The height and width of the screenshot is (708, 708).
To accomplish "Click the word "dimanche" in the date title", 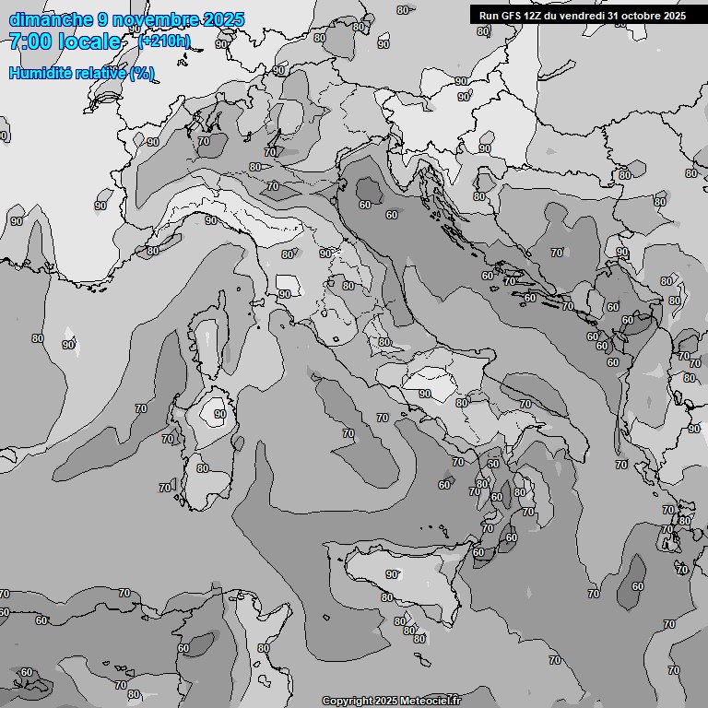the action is coord(50,19).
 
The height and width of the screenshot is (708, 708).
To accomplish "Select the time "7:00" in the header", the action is coord(29,41).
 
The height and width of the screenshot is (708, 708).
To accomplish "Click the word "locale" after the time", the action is coord(88,41).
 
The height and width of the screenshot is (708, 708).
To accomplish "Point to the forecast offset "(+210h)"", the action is coord(164,41).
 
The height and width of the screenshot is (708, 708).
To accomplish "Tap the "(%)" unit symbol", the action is coord(142,73).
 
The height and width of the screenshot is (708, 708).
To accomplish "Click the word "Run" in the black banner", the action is coord(490,16).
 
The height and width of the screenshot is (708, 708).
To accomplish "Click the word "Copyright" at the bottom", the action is coord(347,702).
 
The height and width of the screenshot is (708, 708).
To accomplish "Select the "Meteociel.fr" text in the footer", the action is coord(431,702).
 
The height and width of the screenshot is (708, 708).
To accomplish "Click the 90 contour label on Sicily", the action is coord(392,574).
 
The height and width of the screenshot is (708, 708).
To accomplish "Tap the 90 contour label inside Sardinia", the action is coord(219,415).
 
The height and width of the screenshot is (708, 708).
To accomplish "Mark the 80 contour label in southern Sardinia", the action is coord(202,468).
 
